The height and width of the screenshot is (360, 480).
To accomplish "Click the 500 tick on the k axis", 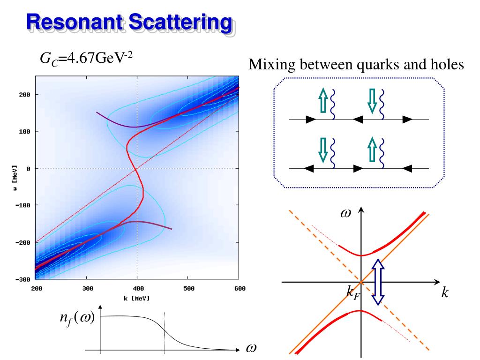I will [187, 288].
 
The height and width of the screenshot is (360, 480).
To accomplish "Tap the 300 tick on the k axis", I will [87, 288].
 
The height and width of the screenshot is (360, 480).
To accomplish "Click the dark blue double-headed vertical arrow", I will [378, 282].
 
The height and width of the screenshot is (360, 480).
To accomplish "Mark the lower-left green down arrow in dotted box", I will [322, 150].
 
